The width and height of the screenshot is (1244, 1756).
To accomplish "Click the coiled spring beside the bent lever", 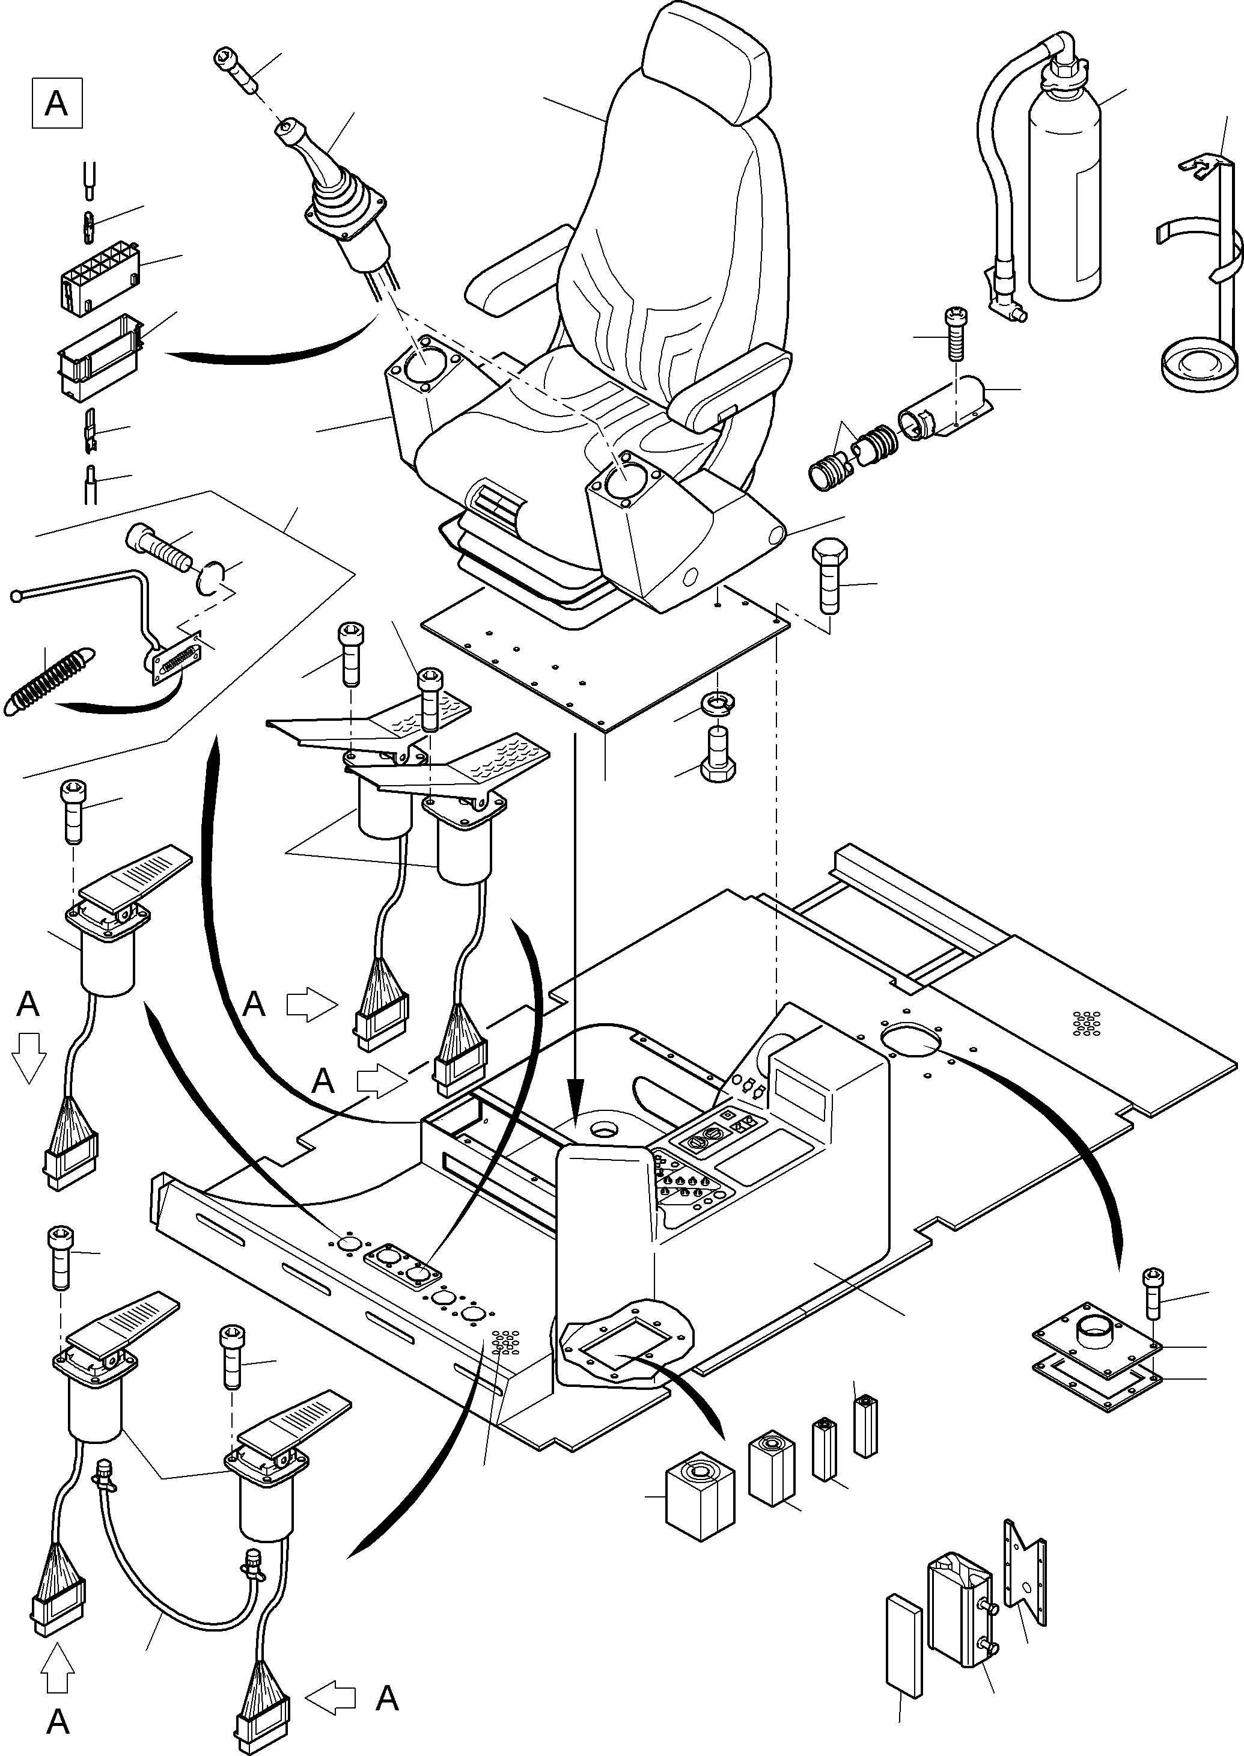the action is pos(47,681).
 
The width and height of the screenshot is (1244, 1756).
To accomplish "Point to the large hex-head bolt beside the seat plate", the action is pos(829,575).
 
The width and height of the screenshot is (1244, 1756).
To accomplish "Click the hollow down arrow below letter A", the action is pos(29,1058).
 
